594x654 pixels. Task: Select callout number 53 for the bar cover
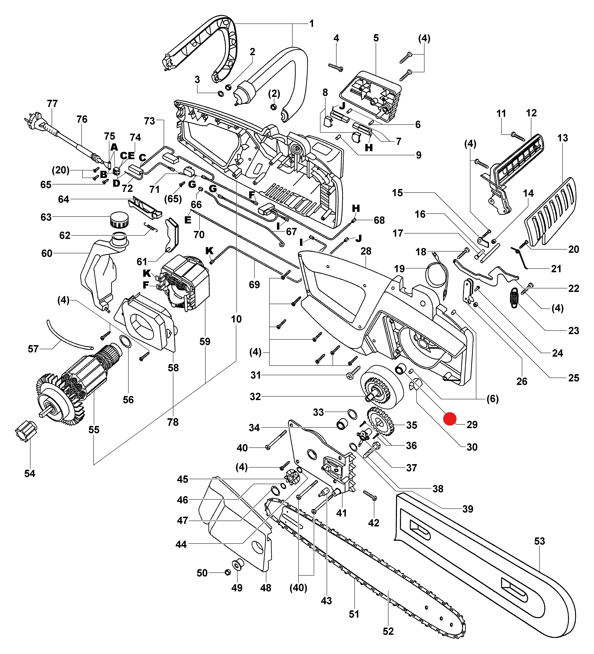[x=540, y=541]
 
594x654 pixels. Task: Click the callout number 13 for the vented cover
[x=563, y=138]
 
